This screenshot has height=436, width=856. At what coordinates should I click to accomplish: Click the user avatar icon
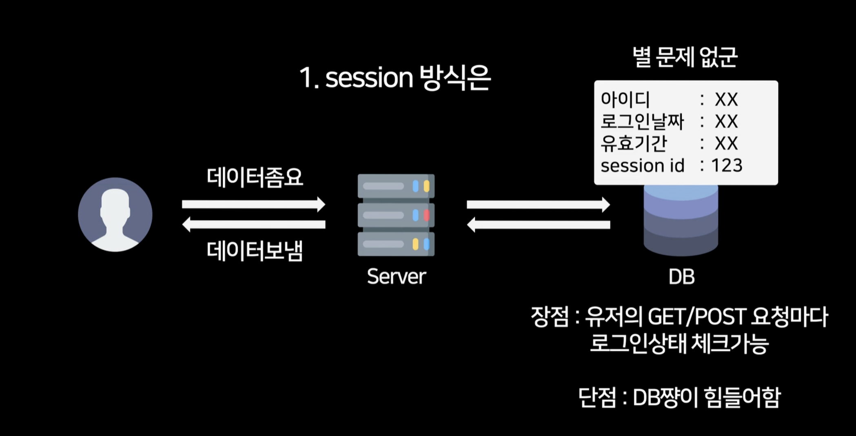pos(115,214)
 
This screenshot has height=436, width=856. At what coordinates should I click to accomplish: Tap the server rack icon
pos(396,215)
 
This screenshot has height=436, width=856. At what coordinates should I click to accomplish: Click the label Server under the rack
pos(396,277)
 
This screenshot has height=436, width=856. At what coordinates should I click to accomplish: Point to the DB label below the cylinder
pos(681,277)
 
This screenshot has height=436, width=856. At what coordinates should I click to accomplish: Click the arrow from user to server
pos(253,204)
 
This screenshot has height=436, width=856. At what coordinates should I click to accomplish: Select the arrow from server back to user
pos(253,224)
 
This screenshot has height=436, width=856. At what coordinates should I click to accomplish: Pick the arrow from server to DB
pos(538,204)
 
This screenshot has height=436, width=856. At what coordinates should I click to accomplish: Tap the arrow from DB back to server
pos(538,225)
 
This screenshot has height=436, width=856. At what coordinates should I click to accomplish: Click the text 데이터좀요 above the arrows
pos(255,177)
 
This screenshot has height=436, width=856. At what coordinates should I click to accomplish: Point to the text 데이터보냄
pos(255,251)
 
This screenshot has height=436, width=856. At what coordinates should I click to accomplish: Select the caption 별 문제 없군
pos(685,57)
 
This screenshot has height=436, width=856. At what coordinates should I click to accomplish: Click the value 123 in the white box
pos(727,165)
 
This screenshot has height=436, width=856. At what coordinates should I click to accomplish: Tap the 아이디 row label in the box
pos(625,99)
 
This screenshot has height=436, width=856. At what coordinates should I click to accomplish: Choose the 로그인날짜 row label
pos(642,121)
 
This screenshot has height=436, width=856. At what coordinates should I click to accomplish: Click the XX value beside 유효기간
pos(726,143)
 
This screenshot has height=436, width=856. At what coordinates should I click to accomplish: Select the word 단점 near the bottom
pos(597,397)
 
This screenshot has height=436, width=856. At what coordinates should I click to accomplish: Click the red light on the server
pos(427,215)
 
